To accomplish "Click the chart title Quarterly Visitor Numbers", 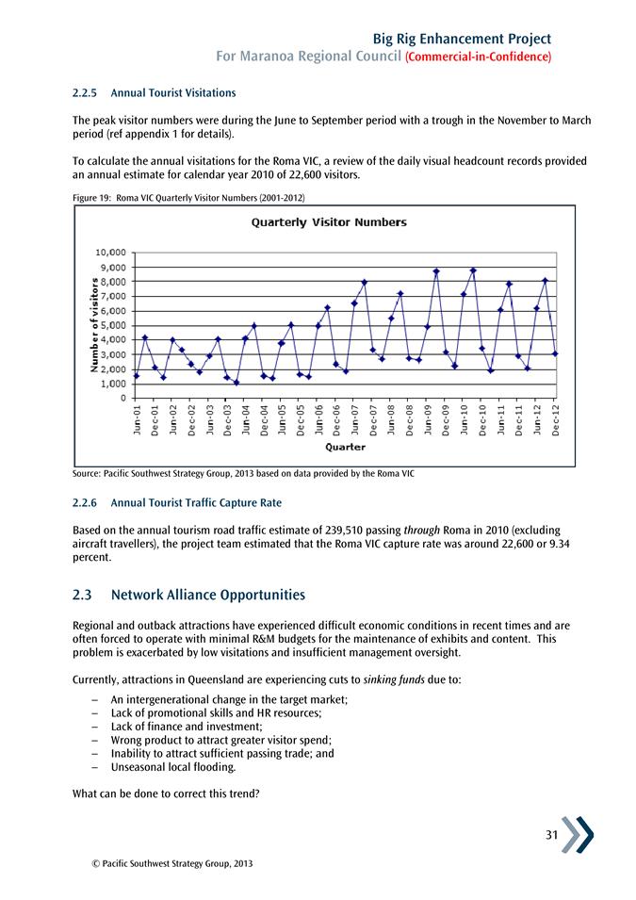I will point(328,222).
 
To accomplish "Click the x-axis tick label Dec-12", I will point(556,418).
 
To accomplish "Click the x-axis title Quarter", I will point(345,447).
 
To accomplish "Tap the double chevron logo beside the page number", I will point(578,833).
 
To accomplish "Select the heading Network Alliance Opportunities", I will point(207,596).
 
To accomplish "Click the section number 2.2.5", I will point(87,93).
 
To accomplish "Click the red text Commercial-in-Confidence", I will point(477,57).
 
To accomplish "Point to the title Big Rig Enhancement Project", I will point(462,38).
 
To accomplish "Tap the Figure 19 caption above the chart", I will point(188,196).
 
